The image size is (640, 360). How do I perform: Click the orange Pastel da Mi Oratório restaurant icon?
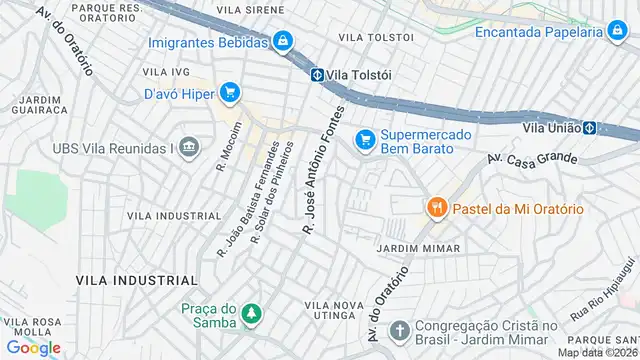(x=436, y=208)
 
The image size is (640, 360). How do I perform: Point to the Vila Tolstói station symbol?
(x=315, y=74)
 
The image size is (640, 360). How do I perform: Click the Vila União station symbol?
(x=590, y=128)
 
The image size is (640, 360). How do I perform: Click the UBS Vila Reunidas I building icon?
(x=190, y=149)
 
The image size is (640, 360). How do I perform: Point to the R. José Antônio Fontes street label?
(x=323, y=170)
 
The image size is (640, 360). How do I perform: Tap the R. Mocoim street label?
(x=228, y=146)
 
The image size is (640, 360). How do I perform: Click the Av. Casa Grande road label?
(x=532, y=158)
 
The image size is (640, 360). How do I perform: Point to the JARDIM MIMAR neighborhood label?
(x=418, y=248)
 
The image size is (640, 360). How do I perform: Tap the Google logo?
(x=33, y=347)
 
